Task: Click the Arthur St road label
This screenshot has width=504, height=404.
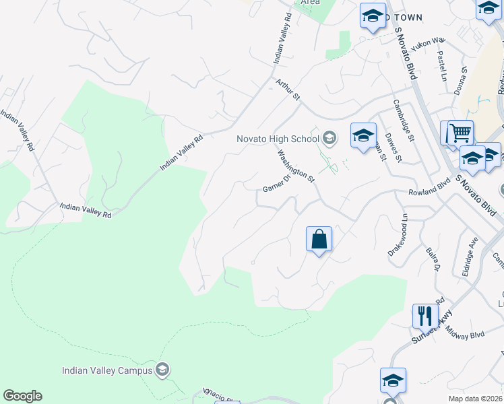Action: click(288, 90)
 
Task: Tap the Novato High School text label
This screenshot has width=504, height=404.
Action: click(278, 139)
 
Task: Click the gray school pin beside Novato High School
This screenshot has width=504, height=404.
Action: click(329, 139)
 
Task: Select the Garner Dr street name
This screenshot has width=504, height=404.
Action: click(276, 181)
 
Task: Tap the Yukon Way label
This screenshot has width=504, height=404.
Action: click(430, 42)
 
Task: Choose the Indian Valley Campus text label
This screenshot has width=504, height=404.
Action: click(106, 370)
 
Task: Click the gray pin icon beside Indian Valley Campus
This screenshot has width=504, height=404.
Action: click(162, 369)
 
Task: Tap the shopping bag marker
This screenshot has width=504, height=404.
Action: click(319, 239)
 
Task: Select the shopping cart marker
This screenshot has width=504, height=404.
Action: click(460, 133)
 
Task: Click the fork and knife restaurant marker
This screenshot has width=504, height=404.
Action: click(424, 314)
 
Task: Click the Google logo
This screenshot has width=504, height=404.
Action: click(22, 396)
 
